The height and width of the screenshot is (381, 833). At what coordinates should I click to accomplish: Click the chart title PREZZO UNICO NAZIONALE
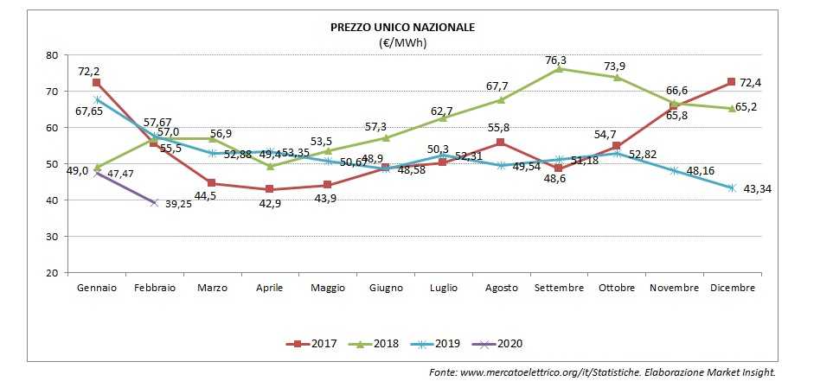[x=402, y=27]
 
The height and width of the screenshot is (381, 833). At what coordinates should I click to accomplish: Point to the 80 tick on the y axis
[x=51, y=55]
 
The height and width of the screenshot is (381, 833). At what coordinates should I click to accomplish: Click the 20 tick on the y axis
[x=51, y=273]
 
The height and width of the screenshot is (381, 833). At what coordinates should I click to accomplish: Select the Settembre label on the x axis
[x=558, y=288]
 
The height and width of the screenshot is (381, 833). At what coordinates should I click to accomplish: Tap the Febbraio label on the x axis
[x=154, y=288]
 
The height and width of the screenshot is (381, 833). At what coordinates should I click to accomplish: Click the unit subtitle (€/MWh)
[x=402, y=41]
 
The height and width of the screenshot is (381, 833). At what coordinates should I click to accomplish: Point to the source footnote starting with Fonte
[x=603, y=371]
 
